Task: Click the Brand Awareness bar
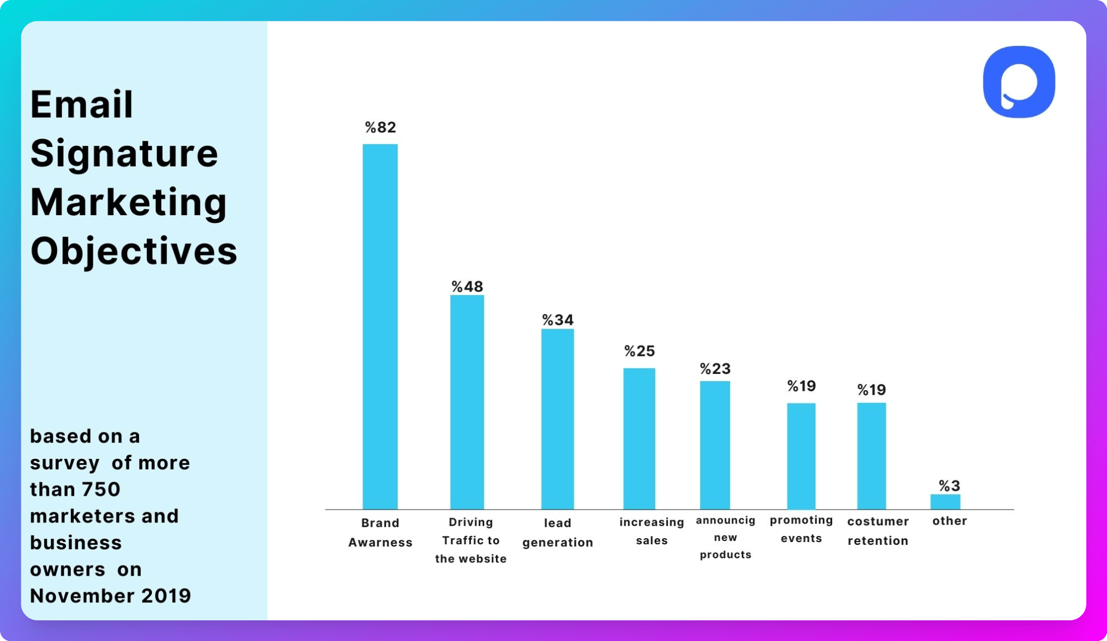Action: (x=380, y=327)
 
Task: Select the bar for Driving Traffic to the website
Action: (x=467, y=402)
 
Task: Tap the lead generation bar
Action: (x=557, y=419)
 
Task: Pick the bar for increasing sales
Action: (x=639, y=439)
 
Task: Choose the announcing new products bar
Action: (x=715, y=445)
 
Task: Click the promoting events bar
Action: (x=801, y=456)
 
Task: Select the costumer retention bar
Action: (x=871, y=456)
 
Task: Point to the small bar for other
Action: (x=945, y=502)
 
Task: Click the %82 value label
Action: (x=380, y=127)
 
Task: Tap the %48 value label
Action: (x=467, y=287)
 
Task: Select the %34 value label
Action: (x=557, y=320)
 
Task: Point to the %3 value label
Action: (x=949, y=485)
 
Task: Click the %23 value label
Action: (x=715, y=369)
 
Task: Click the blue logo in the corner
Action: (x=1019, y=82)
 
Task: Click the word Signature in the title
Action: (x=124, y=153)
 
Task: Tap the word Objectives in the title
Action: (x=133, y=251)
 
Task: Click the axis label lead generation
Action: (x=557, y=533)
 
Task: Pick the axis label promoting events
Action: (x=801, y=529)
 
